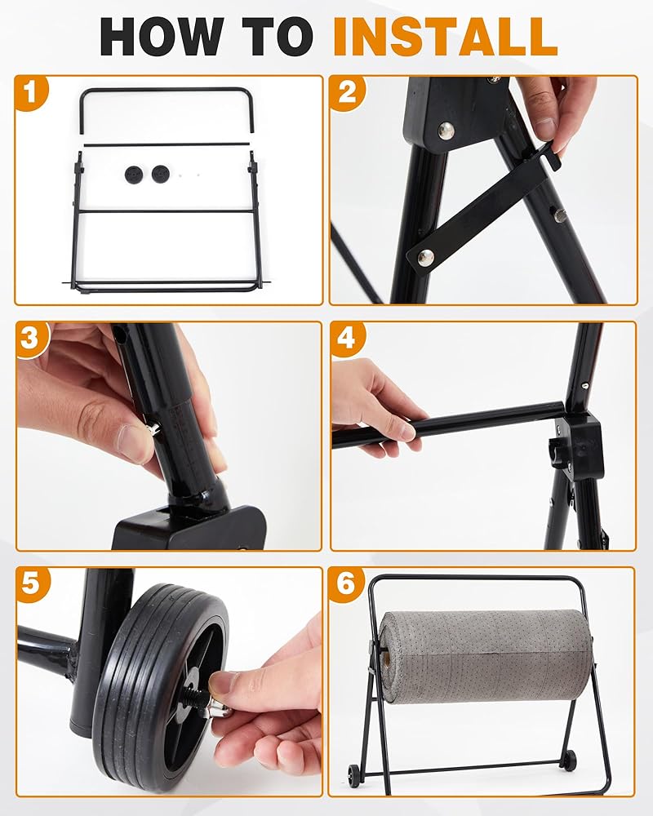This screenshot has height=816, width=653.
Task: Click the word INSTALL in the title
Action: click(445, 37)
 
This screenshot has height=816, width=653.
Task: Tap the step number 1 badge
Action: click(30, 93)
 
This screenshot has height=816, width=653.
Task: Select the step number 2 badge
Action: click(348, 93)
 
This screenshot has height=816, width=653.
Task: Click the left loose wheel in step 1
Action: click(134, 174)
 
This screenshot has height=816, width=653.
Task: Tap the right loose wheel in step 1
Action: click(160, 174)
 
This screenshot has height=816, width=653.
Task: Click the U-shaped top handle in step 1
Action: click(167, 90)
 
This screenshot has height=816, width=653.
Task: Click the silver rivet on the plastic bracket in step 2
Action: click(446, 131)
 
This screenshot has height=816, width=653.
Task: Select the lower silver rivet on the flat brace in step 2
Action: click(425, 256)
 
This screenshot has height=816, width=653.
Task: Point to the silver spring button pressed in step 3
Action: click(154, 428)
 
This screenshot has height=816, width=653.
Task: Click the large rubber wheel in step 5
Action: click(162, 688)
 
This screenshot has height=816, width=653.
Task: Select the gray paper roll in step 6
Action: click(485, 657)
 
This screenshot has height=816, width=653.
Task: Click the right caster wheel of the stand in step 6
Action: click(569, 760)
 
